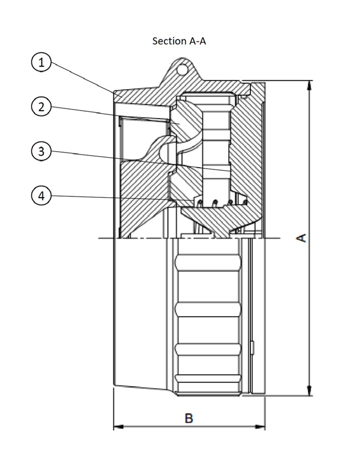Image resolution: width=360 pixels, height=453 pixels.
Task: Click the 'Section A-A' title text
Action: tap(179, 41)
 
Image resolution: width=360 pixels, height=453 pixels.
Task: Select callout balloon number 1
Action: tap(42, 63)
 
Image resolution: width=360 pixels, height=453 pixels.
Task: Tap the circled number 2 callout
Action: tap(42, 107)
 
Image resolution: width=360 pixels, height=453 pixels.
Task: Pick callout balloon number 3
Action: tap(42, 150)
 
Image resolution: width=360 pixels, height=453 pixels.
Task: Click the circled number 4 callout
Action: tap(42, 195)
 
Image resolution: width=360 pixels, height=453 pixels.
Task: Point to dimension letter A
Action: tap(301, 238)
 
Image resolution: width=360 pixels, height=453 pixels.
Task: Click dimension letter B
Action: tap(189, 418)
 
